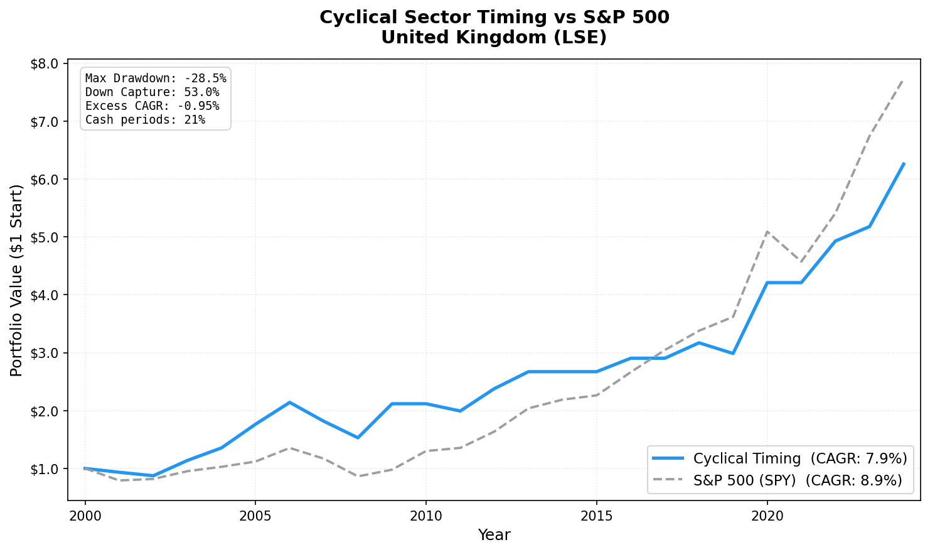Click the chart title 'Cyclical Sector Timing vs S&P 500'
pyautogui.click(x=494, y=17)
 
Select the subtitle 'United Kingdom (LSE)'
pyautogui.click(x=494, y=38)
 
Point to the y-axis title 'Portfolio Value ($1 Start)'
pyautogui.click(x=16, y=280)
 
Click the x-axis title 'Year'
pyautogui.click(x=494, y=535)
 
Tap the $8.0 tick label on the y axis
pyautogui.click(x=45, y=63)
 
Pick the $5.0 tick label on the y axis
pyautogui.click(x=45, y=237)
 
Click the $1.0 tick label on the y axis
pyautogui.click(x=45, y=469)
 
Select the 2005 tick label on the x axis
pyautogui.click(x=255, y=516)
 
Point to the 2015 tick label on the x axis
pyautogui.click(x=596, y=516)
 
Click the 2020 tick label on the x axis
pyautogui.click(x=767, y=516)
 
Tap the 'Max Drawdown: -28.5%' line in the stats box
pyautogui.click(x=156, y=78)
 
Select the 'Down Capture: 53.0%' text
pyautogui.click(x=152, y=92)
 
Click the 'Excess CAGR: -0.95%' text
pyautogui.click(x=152, y=106)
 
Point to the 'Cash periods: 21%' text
pyautogui.click(x=145, y=120)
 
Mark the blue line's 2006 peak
pyautogui.click(x=289, y=403)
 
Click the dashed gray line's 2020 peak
pyautogui.click(x=767, y=232)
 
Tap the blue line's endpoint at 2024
pyautogui.click(x=903, y=163)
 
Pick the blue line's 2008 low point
pyautogui.click(x=358, y=438)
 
